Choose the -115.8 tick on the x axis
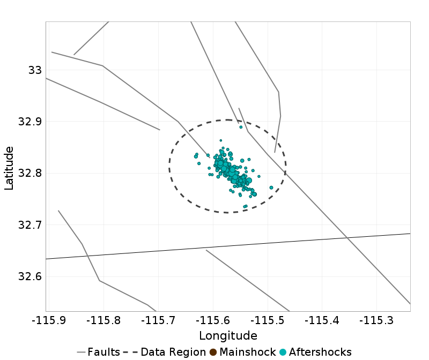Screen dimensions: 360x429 pyautogui.click(x=102, y=320)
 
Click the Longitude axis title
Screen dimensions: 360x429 pyautogui.click(x=228, y=336)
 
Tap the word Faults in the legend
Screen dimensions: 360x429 pyautogui.click(x=103, y=352)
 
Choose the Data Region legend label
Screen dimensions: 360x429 pyautogui.click(x=173, y=352)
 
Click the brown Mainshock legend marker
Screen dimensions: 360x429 pyautogui.click(x=213, y=352)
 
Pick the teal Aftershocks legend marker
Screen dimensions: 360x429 pyautogui.click(x=283, y=352)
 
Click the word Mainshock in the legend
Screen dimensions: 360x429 pyautogui.click(x=246, y=352)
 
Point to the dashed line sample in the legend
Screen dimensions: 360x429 pyautogui.click(x=130, y=352)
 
